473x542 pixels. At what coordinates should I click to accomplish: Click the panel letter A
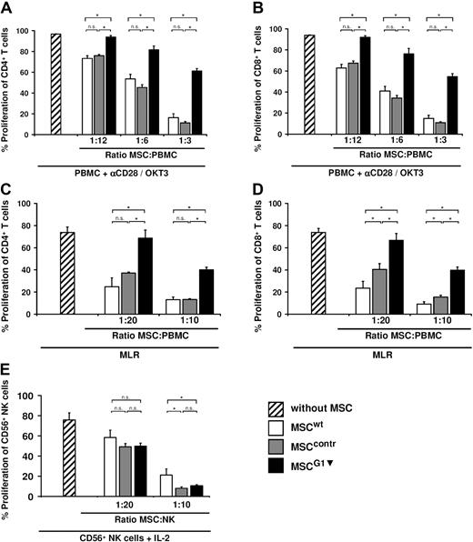8,8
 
